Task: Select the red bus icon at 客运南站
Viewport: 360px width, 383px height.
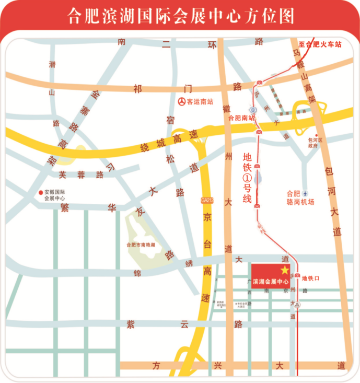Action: [x=181, y=101]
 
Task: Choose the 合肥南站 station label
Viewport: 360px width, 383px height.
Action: [x=241, y=118]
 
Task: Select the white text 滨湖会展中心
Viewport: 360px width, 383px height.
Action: [x=270, y=282]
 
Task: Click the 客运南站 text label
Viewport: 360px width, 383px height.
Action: [x=201, y=101]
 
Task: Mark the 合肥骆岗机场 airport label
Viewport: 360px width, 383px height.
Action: [x=300, y=198]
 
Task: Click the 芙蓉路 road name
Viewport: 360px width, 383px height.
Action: [x=81, y=175]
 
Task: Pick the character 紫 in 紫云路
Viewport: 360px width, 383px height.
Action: [x=131, y=324]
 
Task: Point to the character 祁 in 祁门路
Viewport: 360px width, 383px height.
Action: [x=137, y=89]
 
